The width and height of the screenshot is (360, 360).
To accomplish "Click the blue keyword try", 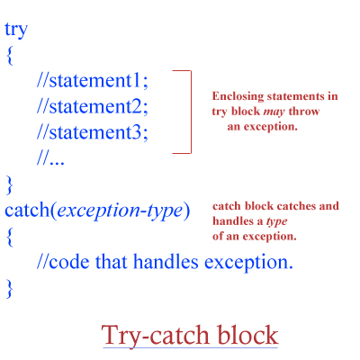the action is click(x=16, y=30).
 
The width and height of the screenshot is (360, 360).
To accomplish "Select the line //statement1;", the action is click(x=93, y=80).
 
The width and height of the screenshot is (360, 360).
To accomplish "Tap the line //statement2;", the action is click(x=93, y=106).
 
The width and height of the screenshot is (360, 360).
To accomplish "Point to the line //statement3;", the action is click(x=93, y=132).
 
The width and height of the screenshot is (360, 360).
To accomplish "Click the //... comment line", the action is click(x=50, y=158).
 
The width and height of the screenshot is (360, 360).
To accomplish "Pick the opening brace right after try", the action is click(x=10, y=56).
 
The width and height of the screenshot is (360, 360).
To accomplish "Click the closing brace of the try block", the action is click(x=10, y=185).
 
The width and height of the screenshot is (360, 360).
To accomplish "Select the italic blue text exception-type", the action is click(x=120, y=211).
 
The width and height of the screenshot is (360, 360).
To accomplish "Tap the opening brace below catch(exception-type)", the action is click(x=10, y=238).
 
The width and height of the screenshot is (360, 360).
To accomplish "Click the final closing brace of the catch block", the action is click(x=10, y=289).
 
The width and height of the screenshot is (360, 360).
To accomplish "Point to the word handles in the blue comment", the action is click(x=166, y=261).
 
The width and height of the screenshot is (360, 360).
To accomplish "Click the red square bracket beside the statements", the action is click(x=191, y=112).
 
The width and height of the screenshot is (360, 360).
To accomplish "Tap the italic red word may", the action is click(x=274, y=112).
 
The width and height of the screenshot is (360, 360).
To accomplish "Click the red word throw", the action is click(x=304, y=112).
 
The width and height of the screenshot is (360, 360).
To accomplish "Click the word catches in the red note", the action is click(x=295, y=206).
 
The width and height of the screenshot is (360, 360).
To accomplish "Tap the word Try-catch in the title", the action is click(x=155, y=336).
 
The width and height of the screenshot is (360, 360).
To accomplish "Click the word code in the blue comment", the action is click(x=69, y=262).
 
